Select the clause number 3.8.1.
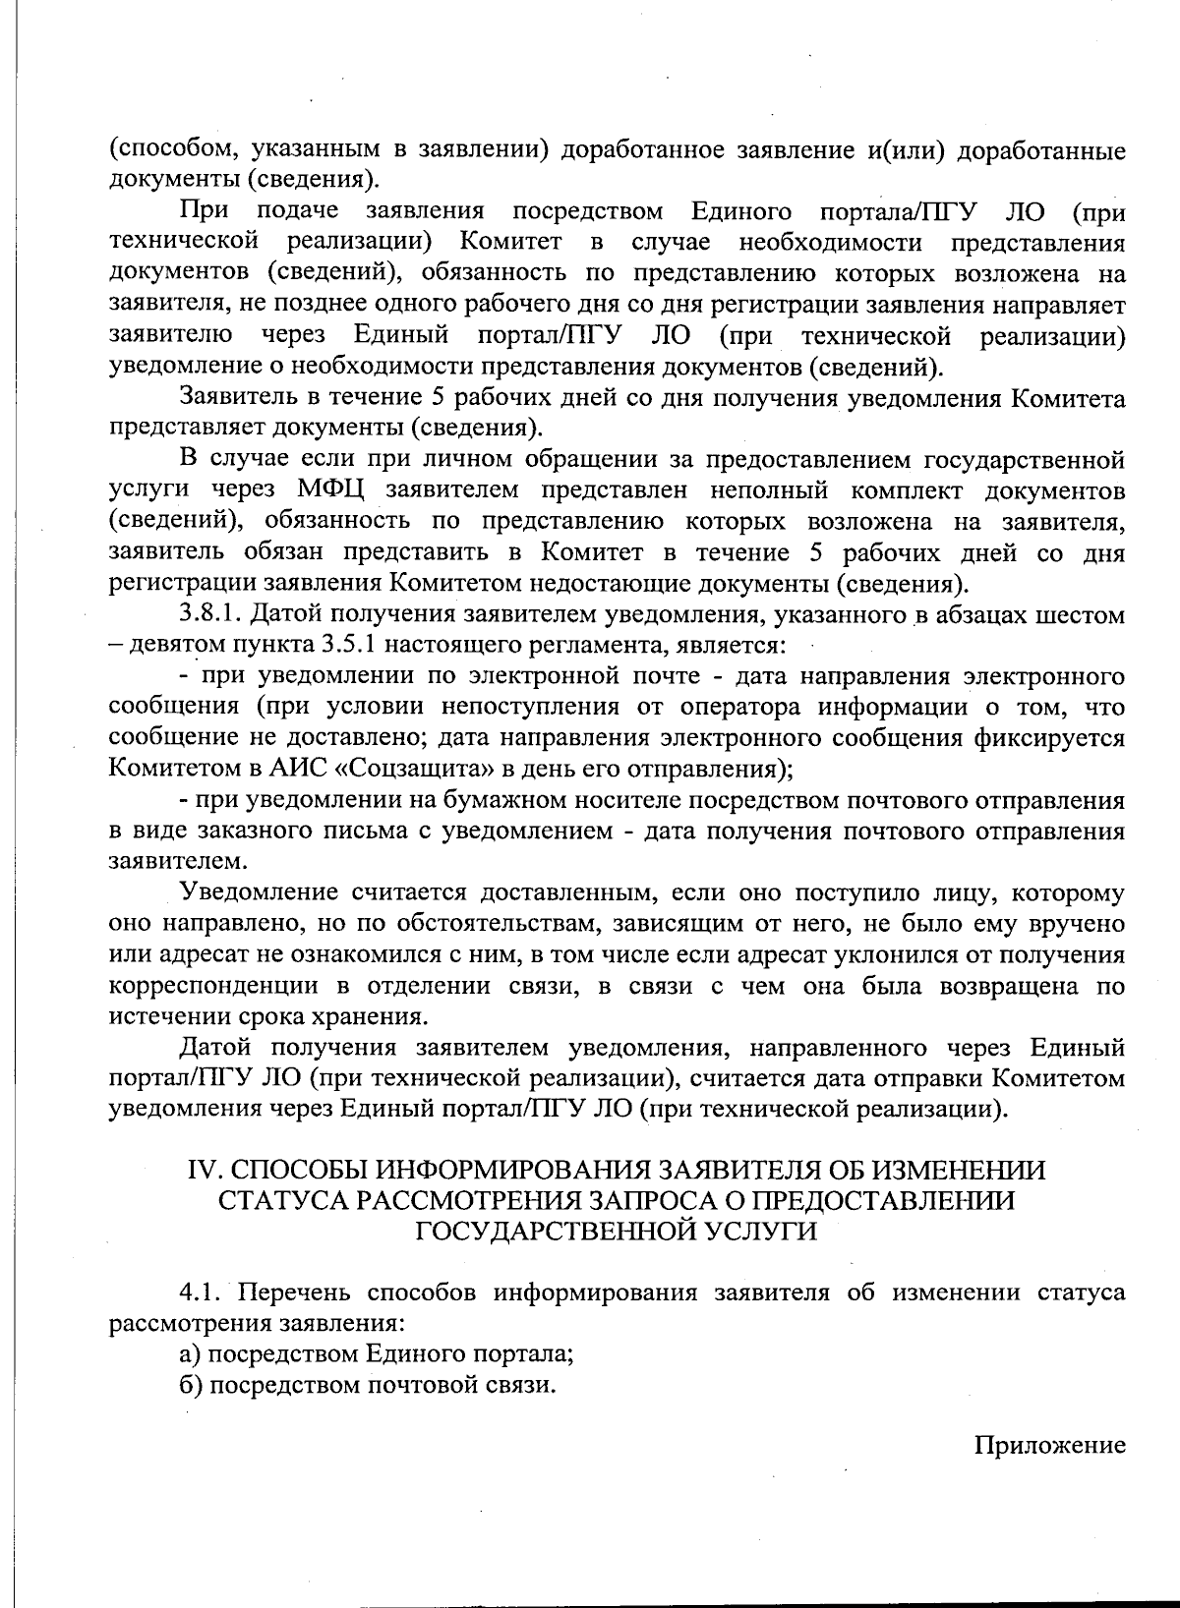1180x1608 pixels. [x=211, y=615]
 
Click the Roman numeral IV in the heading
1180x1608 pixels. [x=202, y=1171]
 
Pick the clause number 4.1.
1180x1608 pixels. [x=203, y=1292]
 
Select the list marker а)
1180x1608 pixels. [x=191, y=1354]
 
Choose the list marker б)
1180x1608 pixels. [x=191, y=1386]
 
